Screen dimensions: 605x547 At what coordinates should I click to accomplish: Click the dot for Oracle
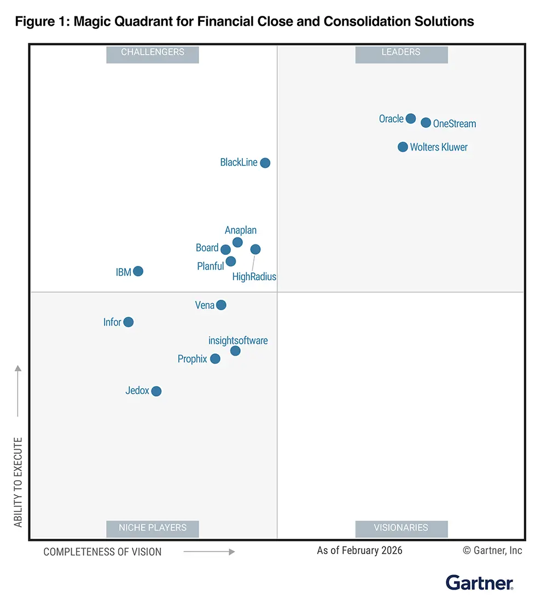click(x=411, y=119)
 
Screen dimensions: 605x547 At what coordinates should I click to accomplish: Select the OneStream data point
click(x=426, y=123)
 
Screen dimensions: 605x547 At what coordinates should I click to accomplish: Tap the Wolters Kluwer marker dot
click(x=403, y=147)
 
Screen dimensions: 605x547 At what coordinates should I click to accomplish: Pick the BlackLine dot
click(x=265, y=162)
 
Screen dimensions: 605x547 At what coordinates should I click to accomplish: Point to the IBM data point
click(x=138, y=271)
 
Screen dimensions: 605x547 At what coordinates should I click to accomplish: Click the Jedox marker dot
click(x=156, y=391)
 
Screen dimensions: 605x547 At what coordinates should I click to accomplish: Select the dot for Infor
click(x=128, y=322)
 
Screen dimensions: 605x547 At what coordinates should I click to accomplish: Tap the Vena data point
click(x=221, y=305)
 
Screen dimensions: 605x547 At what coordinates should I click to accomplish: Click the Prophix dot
click(x=215, y=359)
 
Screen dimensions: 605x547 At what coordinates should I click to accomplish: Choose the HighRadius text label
click(x=254, y=277)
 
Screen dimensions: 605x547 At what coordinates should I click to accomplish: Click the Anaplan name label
click(x=241, y=230)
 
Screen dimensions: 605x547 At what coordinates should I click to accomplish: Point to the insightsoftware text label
click(x=238, y=341)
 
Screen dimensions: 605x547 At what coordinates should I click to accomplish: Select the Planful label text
click(x=211, y=266)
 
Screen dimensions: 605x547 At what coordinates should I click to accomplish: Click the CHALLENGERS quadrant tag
click(x=153, y=53)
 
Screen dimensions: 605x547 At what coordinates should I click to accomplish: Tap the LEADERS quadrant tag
click(x=401, y=53)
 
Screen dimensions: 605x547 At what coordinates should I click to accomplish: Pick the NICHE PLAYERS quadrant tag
click(x=153, y=528)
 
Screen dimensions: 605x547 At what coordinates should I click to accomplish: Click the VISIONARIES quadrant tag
click(x=401, y=528)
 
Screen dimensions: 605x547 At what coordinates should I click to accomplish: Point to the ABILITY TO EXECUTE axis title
click(x=19, y=482)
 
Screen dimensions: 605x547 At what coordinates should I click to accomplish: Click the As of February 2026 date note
click(x=359, y=550)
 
